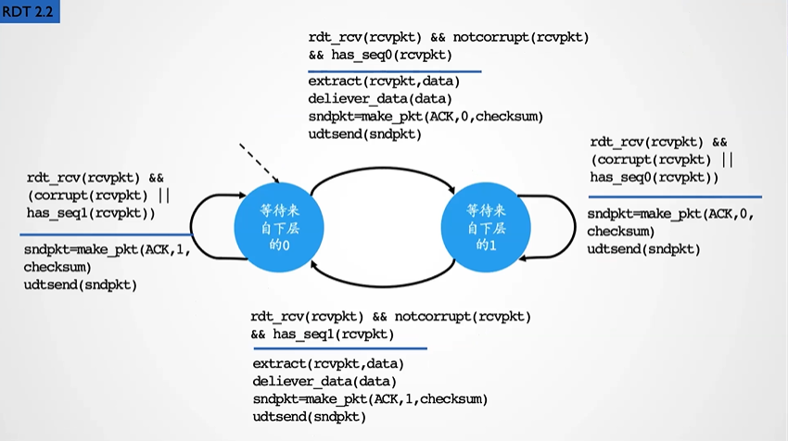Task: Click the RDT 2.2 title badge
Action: (30, 12)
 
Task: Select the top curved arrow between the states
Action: (377, 167)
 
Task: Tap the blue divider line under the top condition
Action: (394, 71)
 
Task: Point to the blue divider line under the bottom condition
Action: (338, 348)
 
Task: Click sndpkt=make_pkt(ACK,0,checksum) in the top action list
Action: (425, 117)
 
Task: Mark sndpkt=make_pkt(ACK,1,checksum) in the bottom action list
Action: (369, 399)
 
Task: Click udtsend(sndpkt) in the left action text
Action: (81, 284)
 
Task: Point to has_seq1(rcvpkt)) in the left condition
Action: (91, 213)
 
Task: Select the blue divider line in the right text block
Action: (674, 196)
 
